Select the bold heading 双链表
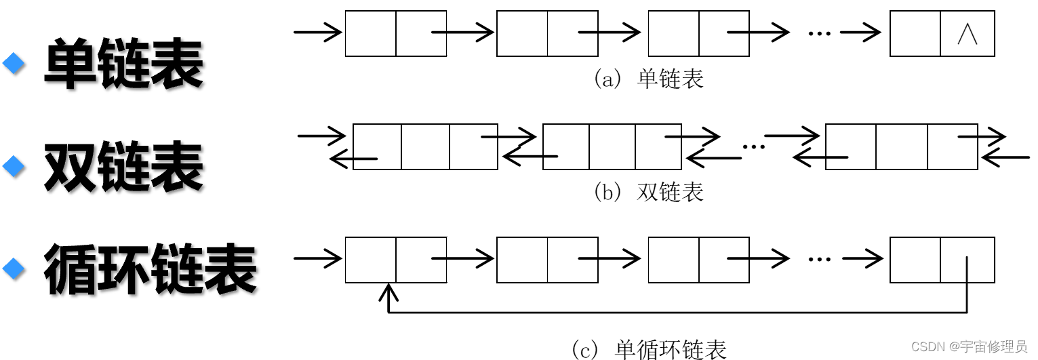(x=123, y=166)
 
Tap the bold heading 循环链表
(x=150, y=269)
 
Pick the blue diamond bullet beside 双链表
(x=14, y=165)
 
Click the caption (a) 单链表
(x=648, y=79)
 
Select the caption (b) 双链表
(x=648, y=193)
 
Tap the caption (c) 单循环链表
(x=648, y=349)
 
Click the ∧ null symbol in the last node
(x=967, y=34)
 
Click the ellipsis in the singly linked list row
(x=819, y=33)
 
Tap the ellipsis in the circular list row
(x=819, y=259)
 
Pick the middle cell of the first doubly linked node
(x=425, y=146)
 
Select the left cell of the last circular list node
(x=915, y=260)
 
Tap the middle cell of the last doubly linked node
(x=901, y=146)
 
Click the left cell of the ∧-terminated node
(x=915, y=33)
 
